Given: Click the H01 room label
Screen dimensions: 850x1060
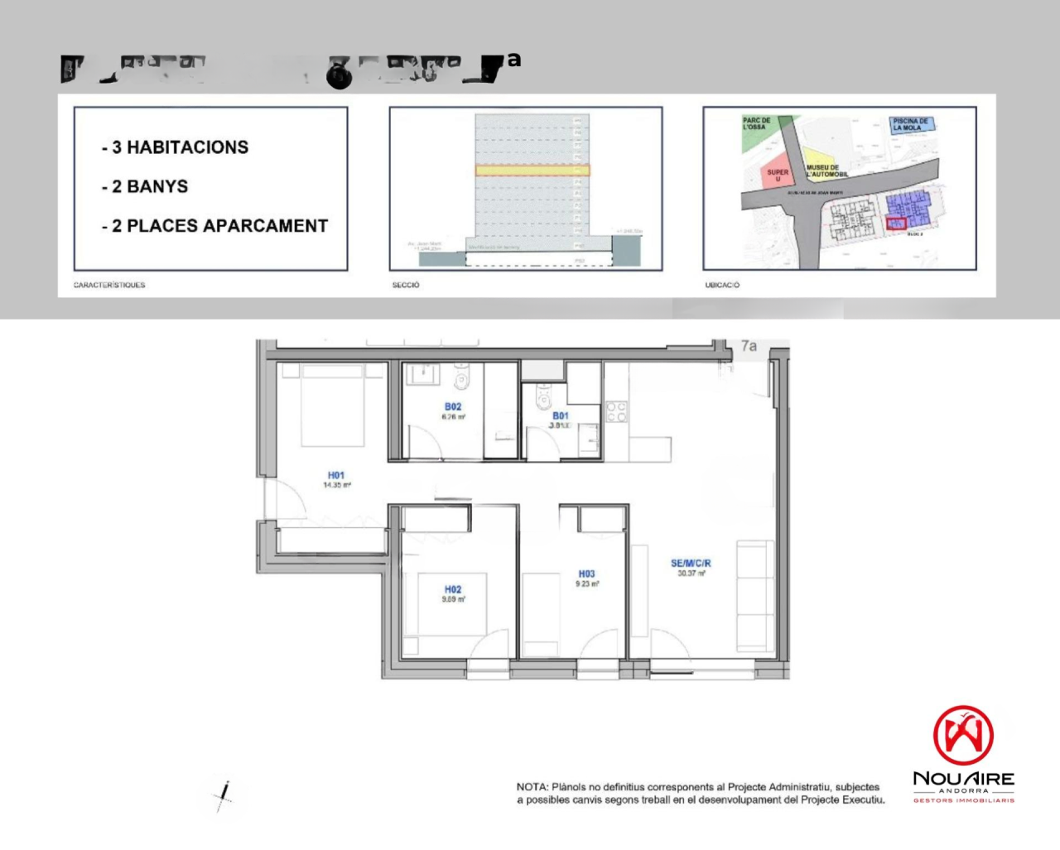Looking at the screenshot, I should [335, 476].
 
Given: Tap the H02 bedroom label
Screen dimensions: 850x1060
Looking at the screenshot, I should [452, 590].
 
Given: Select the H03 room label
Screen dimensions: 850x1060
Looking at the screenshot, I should [586, 574].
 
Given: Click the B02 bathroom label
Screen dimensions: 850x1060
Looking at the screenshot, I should [453, 407].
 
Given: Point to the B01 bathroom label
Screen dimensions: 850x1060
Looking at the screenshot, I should [561, 416].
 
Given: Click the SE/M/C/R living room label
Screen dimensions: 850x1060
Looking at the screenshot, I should [691, 564].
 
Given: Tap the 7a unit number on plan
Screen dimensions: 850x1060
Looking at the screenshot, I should [749, 346].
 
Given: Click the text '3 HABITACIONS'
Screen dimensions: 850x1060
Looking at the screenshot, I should [180, 147].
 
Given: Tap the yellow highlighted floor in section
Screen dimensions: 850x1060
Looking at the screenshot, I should [532, 170].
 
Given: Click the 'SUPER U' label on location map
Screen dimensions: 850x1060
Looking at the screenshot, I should [778, 175].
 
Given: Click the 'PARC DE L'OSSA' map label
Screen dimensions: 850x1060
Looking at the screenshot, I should [755, 124].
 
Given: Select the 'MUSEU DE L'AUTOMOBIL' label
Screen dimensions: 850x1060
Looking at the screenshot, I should [826, 170].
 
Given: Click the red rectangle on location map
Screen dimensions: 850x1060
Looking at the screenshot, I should [896, 223].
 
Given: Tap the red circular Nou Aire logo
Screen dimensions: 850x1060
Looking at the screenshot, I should [963, 735].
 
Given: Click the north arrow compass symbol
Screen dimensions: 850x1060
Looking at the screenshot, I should [224, 796].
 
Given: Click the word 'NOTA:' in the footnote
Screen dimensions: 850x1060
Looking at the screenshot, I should [532, 787].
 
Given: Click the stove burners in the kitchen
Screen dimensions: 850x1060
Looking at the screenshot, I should [616, 411].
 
